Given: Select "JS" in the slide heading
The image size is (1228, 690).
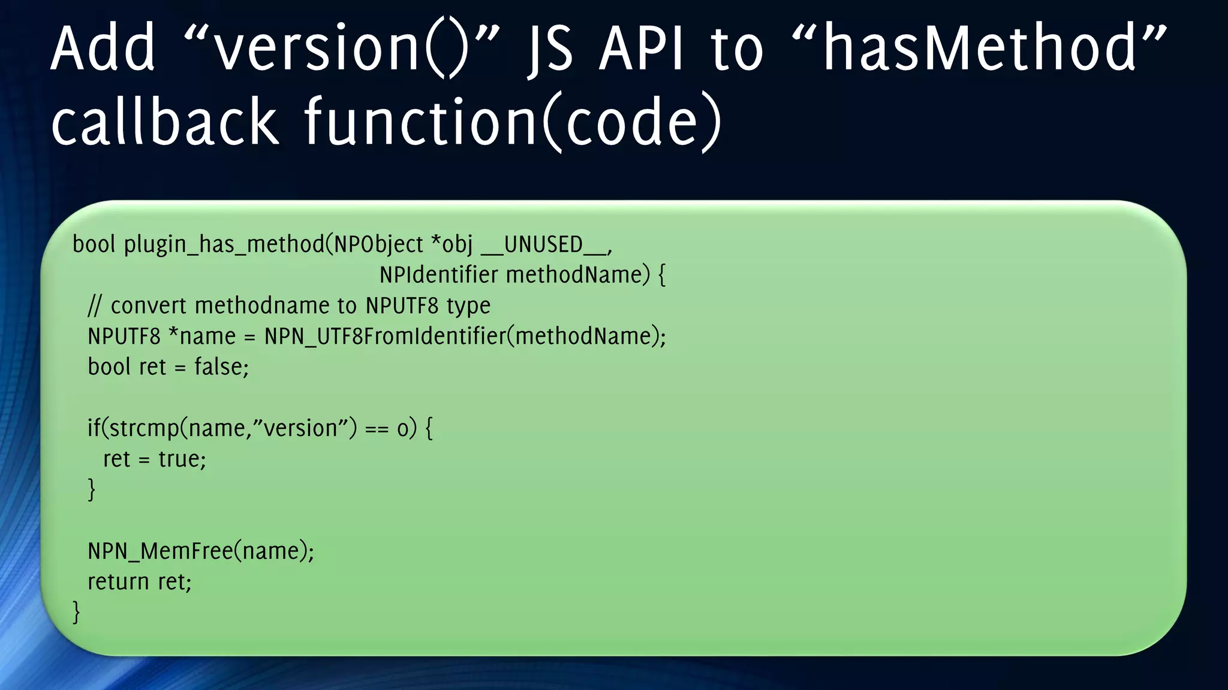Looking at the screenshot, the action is (x=550, y=49).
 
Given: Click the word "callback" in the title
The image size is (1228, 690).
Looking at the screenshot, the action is (x=164, y=122).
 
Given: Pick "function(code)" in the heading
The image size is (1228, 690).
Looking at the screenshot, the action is (x=513, y=122).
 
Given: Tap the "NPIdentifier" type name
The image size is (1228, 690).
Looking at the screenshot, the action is (x=438, y=275).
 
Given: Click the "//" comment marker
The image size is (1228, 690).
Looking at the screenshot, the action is (x=95, y=306).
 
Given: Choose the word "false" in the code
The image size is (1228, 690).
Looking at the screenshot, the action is (x=218, y=367).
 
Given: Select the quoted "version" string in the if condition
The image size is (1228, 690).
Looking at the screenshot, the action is (x=300, y=429).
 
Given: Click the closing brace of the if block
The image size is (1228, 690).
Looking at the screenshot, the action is (x=92, y=490).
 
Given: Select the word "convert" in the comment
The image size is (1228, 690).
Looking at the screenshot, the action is (x=149, y=306).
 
